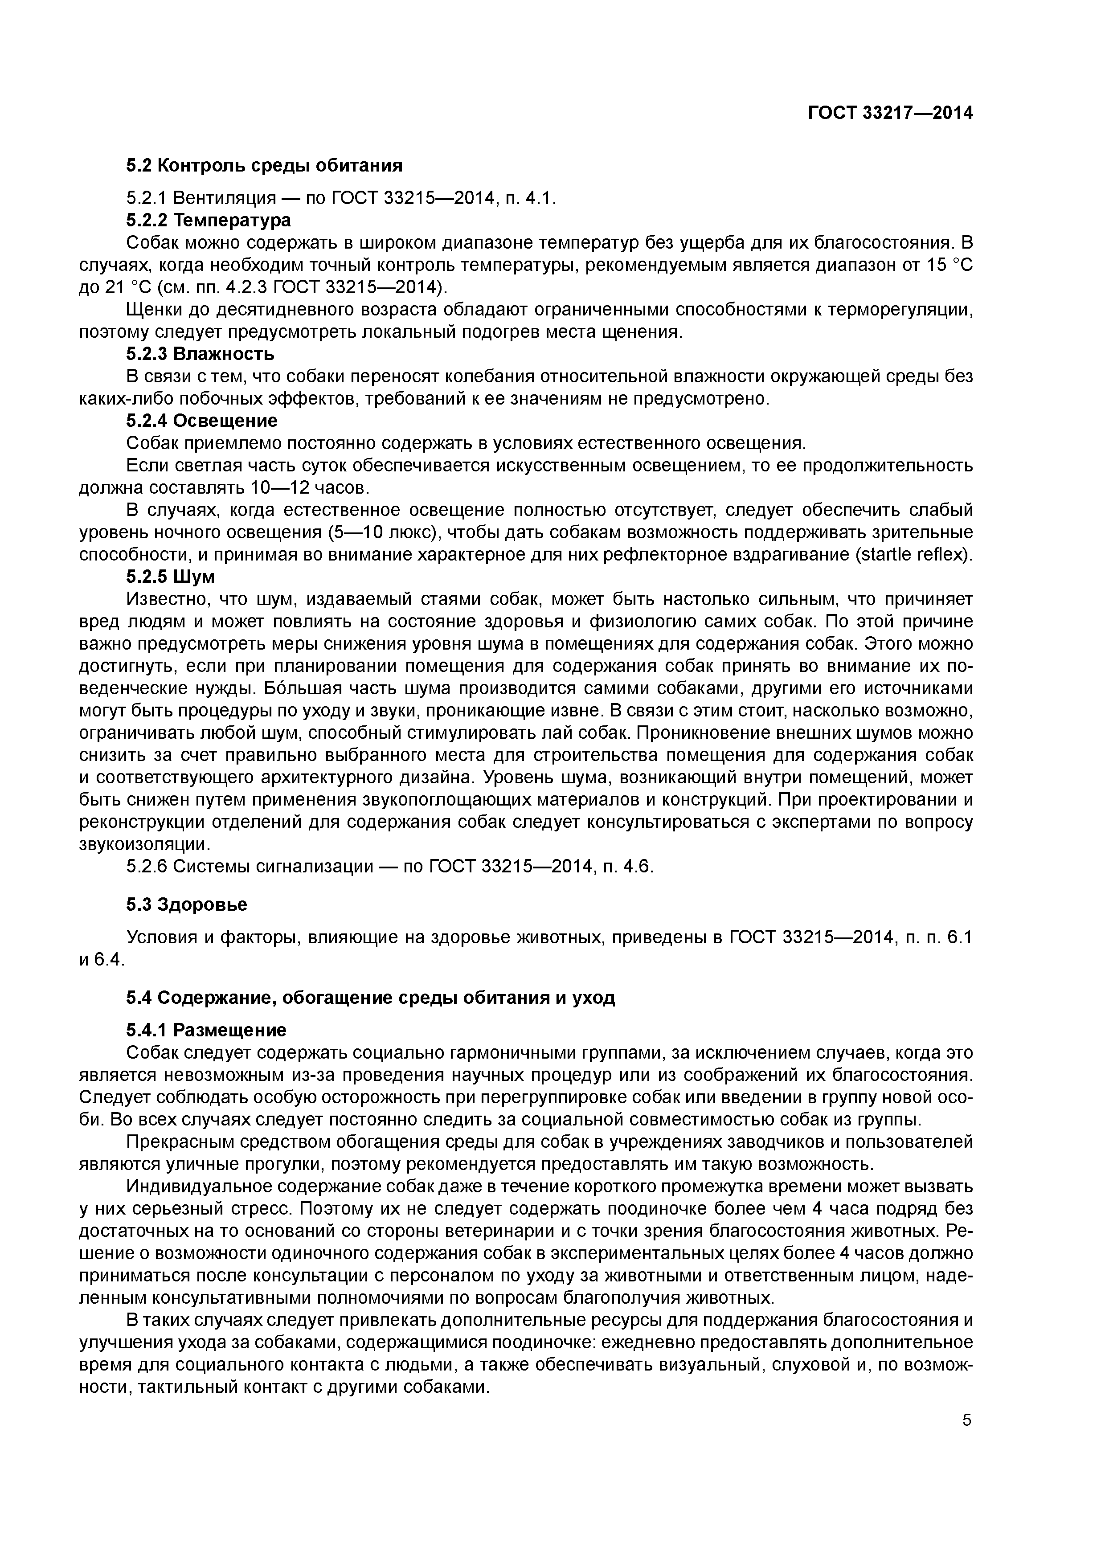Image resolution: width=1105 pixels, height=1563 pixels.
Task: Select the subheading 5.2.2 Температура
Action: tap(209, 220)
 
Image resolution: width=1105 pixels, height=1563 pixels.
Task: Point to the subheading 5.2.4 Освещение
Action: tap(202, 421)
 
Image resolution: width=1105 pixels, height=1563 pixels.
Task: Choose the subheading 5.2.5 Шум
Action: tap(170, 577)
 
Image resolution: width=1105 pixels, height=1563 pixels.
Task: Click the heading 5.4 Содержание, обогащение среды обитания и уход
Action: tap(370, 998)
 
